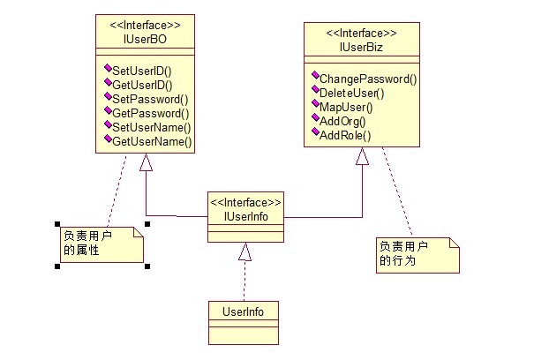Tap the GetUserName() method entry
tap(152, 141)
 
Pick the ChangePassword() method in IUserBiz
tap(368, 79)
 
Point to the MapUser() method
tap(346, 108)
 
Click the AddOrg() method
tap(343, 122)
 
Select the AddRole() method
tap(345, 136)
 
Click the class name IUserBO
tap(145, 39)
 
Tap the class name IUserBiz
tap(362, 47)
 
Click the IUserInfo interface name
tap(244, 215)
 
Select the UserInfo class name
tap(244, 311)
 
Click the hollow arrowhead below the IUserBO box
tap(147, 163)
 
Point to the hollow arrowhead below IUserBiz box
tap(362, 156)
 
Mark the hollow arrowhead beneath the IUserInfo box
tap(244, 252)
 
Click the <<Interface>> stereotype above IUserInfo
tap(245, 201)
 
